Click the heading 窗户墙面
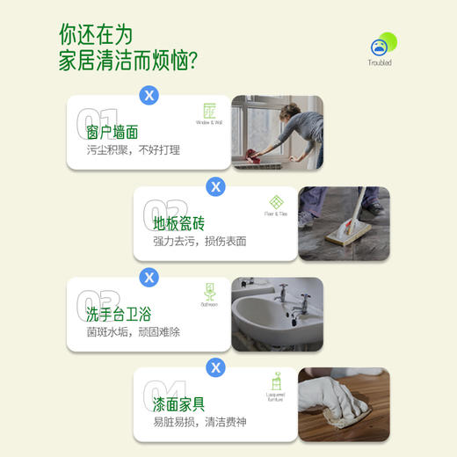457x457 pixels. click(112, 133)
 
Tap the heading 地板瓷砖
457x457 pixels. click(179, 223)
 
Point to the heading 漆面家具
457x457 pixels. click(179, 404)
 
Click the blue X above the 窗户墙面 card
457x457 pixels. click(149, 95)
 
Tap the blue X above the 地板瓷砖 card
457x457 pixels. click(215, 186)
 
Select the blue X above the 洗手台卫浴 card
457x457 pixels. click(149, 277)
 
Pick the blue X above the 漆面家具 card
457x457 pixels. click(215, 367)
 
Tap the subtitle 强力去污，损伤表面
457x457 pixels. click(199, 241)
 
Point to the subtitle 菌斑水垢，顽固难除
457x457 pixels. click(134, 331)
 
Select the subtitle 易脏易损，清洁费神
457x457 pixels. click(199, 422)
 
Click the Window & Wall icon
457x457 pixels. click(209, 112)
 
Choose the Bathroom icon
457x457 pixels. click(209, 292)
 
